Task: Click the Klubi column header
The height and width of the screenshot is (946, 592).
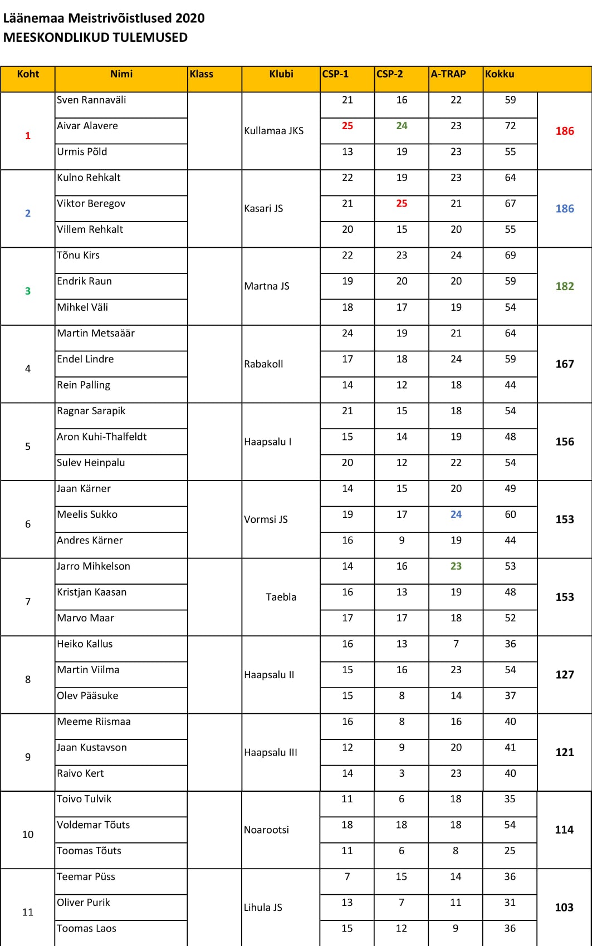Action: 281,74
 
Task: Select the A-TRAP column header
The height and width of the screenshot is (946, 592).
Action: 448,74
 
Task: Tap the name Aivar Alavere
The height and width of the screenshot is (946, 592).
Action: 87,126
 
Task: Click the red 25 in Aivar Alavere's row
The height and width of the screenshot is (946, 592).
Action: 348,126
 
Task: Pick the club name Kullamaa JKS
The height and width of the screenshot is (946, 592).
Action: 273,131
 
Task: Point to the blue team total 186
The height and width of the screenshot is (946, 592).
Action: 564,209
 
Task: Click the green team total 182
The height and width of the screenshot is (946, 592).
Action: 564,286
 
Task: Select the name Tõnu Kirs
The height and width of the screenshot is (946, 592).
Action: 79,256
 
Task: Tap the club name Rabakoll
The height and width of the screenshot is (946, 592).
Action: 263,364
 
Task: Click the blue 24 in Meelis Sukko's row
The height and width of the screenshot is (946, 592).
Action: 456,514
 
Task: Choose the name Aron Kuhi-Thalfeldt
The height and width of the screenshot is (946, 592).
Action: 102,437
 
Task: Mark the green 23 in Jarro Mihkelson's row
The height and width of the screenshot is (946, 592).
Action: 456,566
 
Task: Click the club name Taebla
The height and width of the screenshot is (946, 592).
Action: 281,597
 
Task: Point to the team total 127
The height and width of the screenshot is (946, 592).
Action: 564,675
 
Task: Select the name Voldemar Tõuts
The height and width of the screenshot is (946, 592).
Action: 94,825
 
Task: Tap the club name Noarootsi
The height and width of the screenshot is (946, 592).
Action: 266,830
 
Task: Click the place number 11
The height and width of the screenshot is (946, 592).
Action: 28,912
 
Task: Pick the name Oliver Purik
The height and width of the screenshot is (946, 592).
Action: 84,903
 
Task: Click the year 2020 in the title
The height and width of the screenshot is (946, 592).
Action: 190,18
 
